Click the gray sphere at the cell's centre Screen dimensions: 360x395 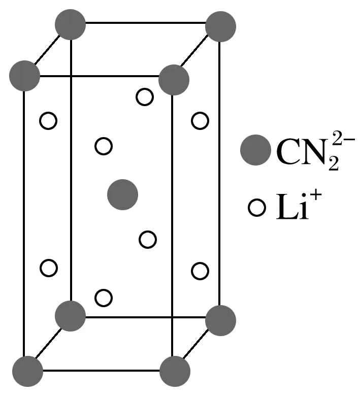(123, 194)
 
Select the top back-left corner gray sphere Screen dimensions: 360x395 (70, 24)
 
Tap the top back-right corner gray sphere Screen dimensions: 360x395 (221, 26)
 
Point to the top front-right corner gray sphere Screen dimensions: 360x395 (174, 80)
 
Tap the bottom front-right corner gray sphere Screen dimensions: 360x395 (175, 371)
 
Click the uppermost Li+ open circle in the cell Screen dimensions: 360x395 (145, 96)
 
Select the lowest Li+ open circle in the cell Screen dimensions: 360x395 (104, 298)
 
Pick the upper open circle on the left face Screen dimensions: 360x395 (49, 121)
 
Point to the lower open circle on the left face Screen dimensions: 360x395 (49, 268)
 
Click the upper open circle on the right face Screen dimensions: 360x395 (200, 121)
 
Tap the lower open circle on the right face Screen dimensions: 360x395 (200, 271)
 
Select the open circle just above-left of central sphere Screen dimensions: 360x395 (104, 146)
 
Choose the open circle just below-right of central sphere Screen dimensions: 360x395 (147, 239)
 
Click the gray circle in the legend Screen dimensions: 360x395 (255, 150)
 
